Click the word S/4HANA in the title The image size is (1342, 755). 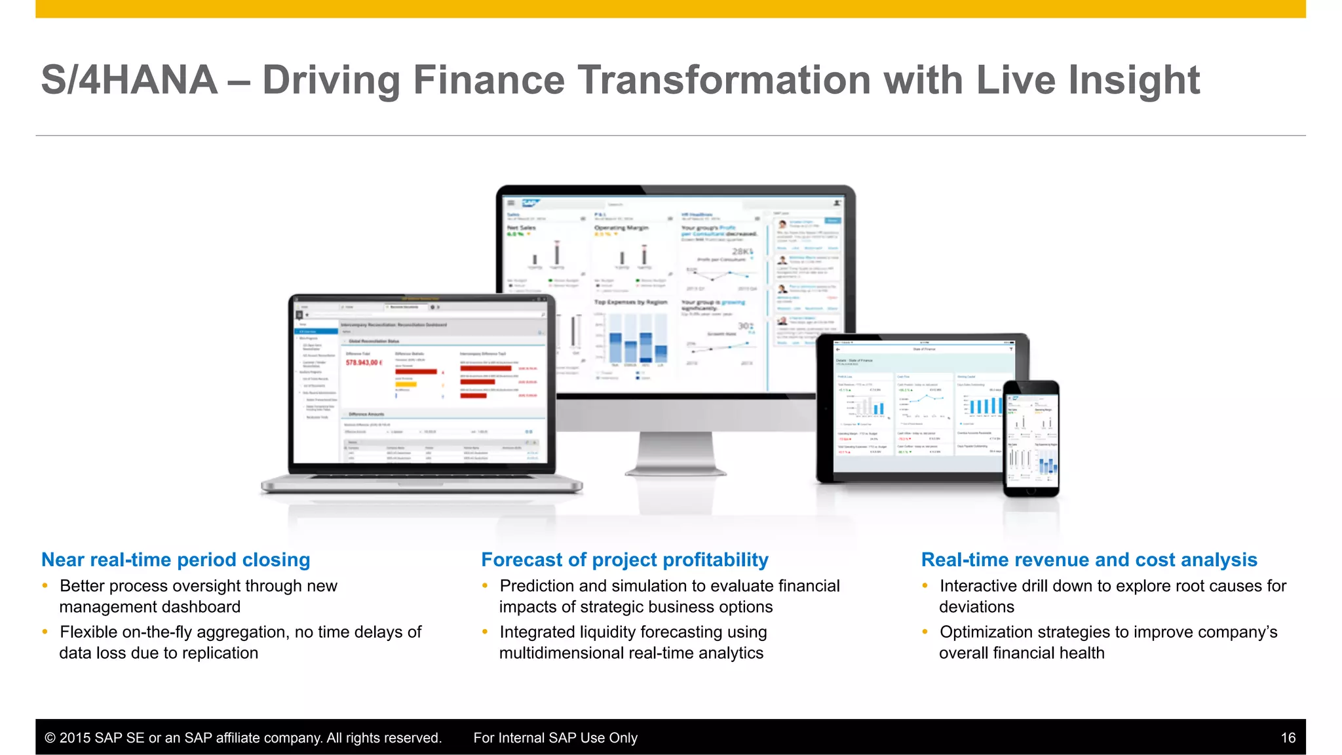(x=129, y=80)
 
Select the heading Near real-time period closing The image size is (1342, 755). (x=176, y=560)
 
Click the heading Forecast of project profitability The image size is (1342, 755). (x=624, y=560)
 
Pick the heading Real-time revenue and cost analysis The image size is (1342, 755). (x=1089, y=560)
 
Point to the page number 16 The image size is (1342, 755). (x=1288, y=738)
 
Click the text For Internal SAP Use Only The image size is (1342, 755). (x=555, y=738)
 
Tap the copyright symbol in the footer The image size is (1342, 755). (x=50, y=738)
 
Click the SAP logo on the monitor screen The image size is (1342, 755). (x=529, y=203)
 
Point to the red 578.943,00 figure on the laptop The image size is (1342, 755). (x=363, y=362)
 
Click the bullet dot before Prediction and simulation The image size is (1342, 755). (x=485, y=585)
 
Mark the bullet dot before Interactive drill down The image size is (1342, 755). (x=925, y=585)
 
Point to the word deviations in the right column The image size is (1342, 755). (x=976, y=607)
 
